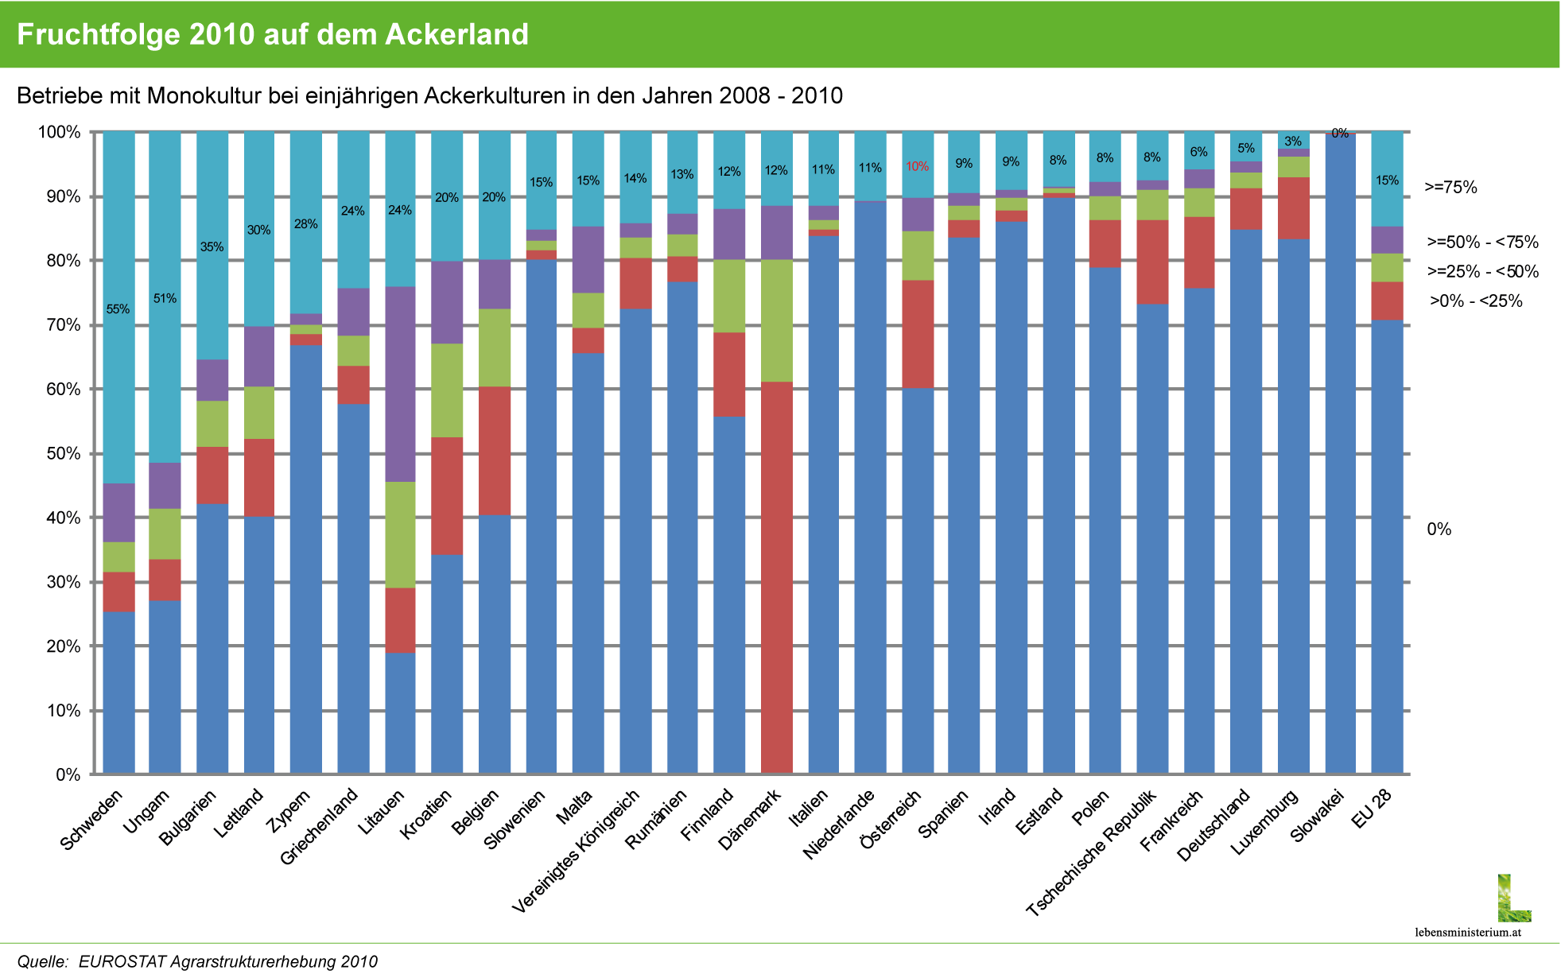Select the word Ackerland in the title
pyautogui.click(x=456, y=35)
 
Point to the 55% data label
pyautogui.click(x=118, y=309)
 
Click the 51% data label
pyautogui.click(x=165, y=299)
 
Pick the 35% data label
pyautogui.click(x=212, y=247)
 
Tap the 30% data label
pyautogui.click(x=258, y=231)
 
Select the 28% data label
pyautogui.click(x=306, y=224)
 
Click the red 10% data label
pyautogui.click(x=917, y=167)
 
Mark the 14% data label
pyautogui.click(x=635, y=179)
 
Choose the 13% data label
pyautogui.click(x=681, y=175)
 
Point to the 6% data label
pyautogui.click(x=1198, y=153)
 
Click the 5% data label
pyautogui.click(x=1245, y=149)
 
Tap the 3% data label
pyautogui.click(x=1293, y=142)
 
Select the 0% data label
pyautogui.click(x=1340, y=134)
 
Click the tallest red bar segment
pyautogui.click(x=776, y=576)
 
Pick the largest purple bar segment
pyautogui.click(x=400, y=384)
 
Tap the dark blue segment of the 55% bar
pyautogui.click(x=118, y=692)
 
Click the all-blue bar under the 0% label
pyautogui.click(x=1340, y=453)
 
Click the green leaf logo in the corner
pyautogui.click(x=1513, y=899)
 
